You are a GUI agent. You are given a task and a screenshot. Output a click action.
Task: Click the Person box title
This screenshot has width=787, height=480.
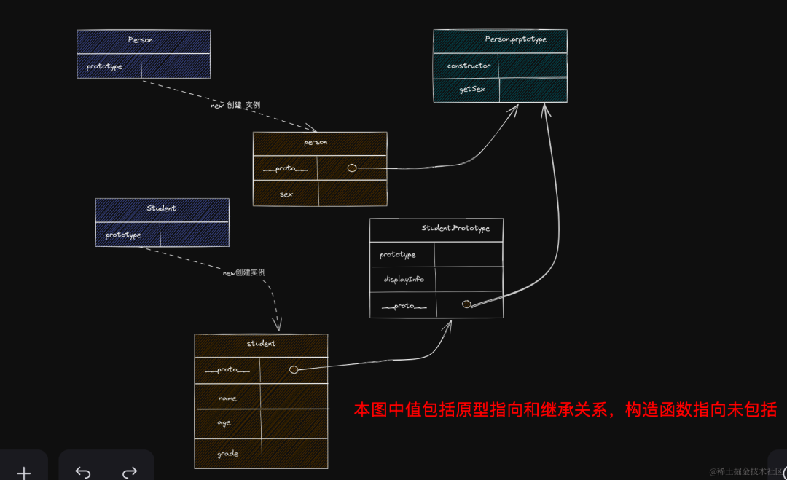(141, 40)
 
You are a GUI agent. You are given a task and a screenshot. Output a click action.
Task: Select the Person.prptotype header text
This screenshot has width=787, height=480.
(515, 39)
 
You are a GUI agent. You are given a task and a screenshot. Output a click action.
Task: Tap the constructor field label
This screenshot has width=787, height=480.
(469, 66)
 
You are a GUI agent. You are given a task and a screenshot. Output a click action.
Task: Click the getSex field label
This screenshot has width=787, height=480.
(471, 89)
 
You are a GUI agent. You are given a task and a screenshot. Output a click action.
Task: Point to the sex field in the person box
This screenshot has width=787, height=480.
(286, 194)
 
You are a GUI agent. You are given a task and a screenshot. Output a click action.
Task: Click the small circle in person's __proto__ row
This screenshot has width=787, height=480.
(352, 168)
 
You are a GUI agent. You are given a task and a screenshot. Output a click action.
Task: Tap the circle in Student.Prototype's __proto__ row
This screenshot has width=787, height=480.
(466, 304)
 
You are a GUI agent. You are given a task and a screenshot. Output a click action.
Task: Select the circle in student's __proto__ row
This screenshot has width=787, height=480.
(294, 370)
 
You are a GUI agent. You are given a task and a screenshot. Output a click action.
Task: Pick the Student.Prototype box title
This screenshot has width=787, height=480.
(455, 228)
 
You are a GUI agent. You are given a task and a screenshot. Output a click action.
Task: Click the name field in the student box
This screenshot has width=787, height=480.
(228, 398)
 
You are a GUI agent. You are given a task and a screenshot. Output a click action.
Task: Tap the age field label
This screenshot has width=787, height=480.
(224, 422)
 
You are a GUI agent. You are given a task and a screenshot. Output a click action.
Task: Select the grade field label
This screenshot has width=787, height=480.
(227, 454)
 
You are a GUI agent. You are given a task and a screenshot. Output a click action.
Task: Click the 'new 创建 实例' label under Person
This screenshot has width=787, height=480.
(235, 105)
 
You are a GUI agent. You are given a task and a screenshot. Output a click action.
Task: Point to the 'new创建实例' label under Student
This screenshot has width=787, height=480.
(244, 272)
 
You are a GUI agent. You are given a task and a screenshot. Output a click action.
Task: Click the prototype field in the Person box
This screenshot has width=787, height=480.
(104, 66)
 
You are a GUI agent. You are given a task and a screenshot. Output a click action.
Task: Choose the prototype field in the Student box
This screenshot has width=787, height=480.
(123, 235)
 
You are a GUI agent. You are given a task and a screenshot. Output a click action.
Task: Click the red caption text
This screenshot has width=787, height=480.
(565, 409)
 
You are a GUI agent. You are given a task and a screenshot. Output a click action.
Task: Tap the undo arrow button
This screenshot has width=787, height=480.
(83, 473)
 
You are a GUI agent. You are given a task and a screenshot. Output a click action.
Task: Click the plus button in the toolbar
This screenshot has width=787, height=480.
(24, 473)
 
